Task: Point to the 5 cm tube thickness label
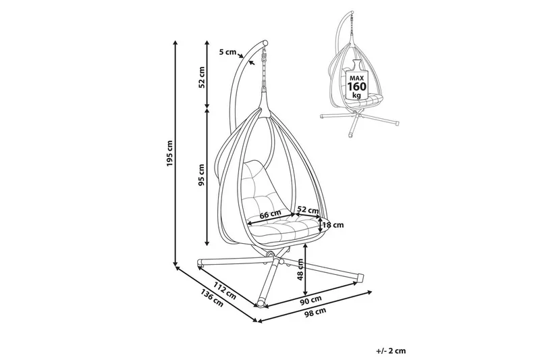click(x=229, y=51)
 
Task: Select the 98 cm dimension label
click(x=314, y=312)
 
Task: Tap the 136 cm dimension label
click(x=211, y=298)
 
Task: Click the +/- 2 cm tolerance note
click(x=391, y=351)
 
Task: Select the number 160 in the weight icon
click(x=356, y=86)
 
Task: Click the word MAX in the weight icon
click(x=356, y=76)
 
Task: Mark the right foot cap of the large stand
click(x=360, y=276)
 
